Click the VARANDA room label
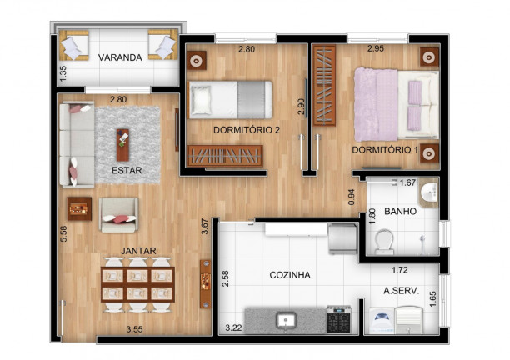point(120,57)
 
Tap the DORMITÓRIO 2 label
point(247,130)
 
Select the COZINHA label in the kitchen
point(290,275)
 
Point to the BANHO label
point(400,212)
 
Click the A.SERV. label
point(402,291)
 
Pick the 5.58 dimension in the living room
point(63,233)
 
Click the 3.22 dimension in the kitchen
point(234,327)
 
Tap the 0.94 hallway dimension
point(352,197)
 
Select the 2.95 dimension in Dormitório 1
point(376,49)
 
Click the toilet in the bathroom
point(384,241)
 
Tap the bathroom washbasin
point(430,192)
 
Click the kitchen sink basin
point(286,320)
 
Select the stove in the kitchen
point(338,319)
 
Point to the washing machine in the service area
point(382,321)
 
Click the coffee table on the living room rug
point(123,145)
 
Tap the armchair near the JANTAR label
point(118,215)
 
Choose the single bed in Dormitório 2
point(230,99)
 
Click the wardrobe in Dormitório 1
point(324,86)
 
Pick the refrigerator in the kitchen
point(343,238)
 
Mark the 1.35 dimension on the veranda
point(63,74)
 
